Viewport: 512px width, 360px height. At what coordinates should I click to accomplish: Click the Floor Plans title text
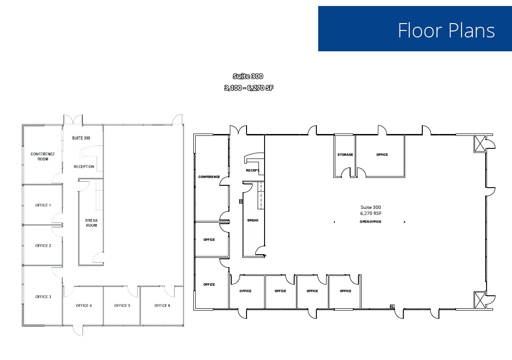[446, 31]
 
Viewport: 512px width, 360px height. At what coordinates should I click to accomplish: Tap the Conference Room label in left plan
[43, 157]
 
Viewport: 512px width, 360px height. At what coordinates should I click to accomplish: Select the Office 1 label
[43, 205]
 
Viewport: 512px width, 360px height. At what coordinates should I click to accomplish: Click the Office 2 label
[43, 246]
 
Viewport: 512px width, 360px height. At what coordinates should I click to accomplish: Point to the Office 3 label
[43, 297]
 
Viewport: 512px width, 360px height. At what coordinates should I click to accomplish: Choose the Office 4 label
[84, 305]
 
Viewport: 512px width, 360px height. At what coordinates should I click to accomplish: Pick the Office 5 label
[122, 305]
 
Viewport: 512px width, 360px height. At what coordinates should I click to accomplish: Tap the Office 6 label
[162, 305]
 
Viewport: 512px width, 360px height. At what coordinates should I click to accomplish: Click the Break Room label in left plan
[92, 223]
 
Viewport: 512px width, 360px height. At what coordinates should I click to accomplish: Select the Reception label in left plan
[84, 166]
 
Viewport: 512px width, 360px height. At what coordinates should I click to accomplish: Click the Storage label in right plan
[345, 154]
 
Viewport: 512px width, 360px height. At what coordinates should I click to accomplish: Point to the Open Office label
[370, 222]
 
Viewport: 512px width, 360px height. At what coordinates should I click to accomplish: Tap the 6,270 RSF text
[370, 214]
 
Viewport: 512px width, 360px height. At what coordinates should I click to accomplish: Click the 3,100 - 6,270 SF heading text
[249, 88]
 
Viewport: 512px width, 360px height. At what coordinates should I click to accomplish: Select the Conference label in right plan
[209, 177]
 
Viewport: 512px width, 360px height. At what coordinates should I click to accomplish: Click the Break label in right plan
[253, 220]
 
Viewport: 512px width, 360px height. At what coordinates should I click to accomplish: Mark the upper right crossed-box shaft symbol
[480, 144]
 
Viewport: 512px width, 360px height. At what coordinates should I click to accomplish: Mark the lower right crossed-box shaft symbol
[480, 300]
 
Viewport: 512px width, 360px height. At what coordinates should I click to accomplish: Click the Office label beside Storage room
[382, 154]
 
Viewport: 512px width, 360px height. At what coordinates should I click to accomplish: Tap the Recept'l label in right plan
[253, 171]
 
